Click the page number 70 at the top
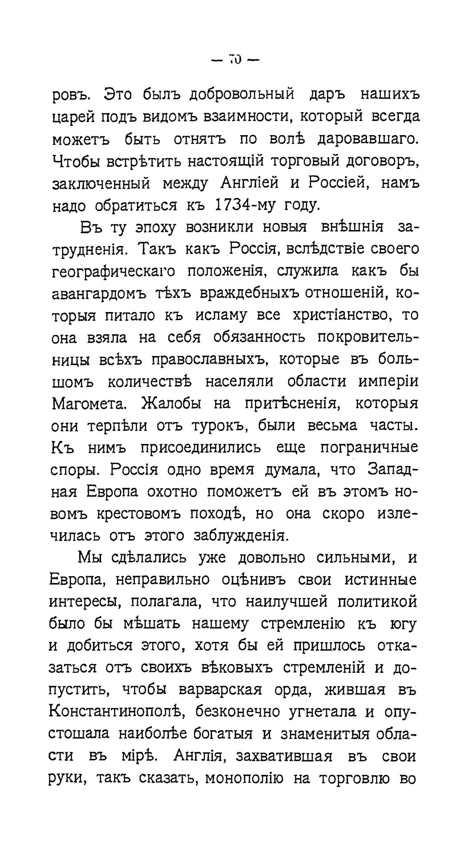click(235, 60)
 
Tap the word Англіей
click(250, 183)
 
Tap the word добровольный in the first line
click(242, 94)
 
